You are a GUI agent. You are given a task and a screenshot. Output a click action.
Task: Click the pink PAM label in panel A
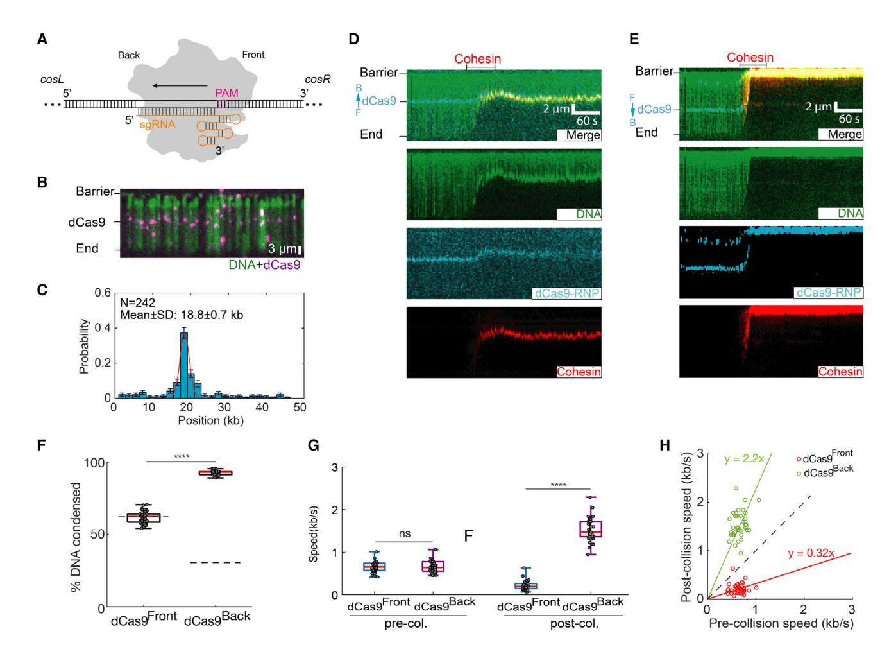pos(227,93)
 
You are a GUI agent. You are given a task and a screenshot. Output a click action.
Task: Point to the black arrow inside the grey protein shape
pos(180,85)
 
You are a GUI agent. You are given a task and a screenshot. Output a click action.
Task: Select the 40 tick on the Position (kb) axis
pos(262,408)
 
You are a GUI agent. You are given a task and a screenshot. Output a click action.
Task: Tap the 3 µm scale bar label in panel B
pos(282,249)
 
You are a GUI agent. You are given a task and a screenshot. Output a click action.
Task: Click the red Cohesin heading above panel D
pos(478,59)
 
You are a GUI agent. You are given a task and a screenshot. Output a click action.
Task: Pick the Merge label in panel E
pos(844,135)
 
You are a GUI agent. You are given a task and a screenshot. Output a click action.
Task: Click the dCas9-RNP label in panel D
pos(566,293)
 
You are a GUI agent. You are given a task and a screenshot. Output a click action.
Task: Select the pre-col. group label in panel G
pos(408,624)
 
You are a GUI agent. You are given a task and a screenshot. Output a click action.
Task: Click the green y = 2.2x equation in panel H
pos(744,459)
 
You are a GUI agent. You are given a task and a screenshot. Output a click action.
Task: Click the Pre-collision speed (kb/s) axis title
pos(780,624)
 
